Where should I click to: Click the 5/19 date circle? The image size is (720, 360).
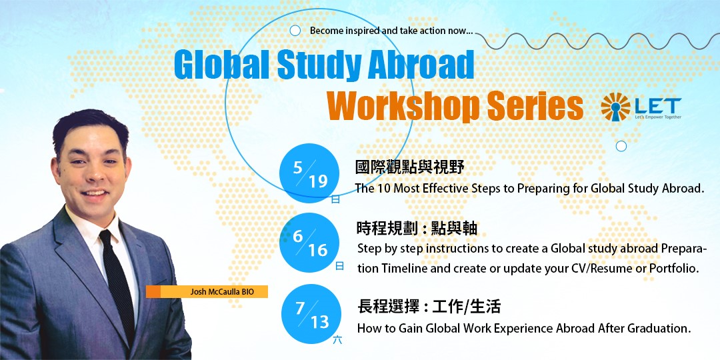click(309, 173)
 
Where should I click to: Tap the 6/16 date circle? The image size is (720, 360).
click(309, 243)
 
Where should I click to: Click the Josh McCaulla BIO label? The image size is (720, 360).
click(207, 291)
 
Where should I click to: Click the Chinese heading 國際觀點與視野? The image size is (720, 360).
click(410, 167)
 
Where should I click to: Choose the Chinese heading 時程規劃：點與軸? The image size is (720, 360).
click(417, 228)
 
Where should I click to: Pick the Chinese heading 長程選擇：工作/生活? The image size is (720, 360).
click(429, 306)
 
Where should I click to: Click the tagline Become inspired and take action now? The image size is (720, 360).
click(392, 31)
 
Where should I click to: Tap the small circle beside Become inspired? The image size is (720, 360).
click(295, 31)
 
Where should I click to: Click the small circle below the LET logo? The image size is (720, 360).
click(621, 146)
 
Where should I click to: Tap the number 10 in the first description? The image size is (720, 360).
click(382, 188)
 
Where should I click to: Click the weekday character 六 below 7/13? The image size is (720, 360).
click(337, 340)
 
